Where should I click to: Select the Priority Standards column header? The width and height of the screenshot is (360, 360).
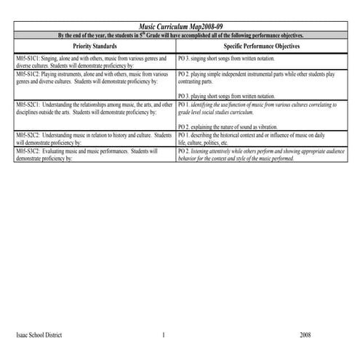click(x=94, y=45)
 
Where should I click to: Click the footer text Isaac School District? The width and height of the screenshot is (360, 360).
click(x=39, y=335)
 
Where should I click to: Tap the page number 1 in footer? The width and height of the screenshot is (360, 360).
click(x=164, y=335)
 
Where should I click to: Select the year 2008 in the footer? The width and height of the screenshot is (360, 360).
click(x=305, y=335)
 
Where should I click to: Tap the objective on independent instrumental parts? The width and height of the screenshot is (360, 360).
click(x=255, y=74)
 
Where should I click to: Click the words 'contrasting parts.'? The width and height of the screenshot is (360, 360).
click(x=193, y=81)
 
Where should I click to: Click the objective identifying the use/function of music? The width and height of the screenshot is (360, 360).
click(x=258, y=105)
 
